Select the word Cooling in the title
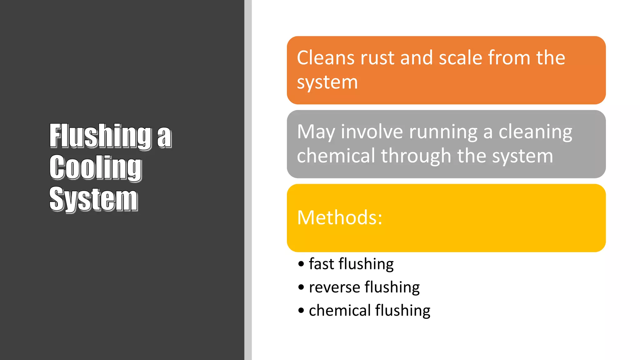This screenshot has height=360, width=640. (96, 167)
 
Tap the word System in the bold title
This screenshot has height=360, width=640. (93, 199)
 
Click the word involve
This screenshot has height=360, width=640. (372, 132)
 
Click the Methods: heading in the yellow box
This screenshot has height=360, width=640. (340, 217)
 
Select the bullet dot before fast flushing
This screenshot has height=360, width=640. (301, 264)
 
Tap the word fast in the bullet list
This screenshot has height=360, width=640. (322, 264)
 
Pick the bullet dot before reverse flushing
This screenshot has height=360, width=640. (301, 287)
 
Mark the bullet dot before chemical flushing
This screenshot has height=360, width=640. (301, 311)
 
